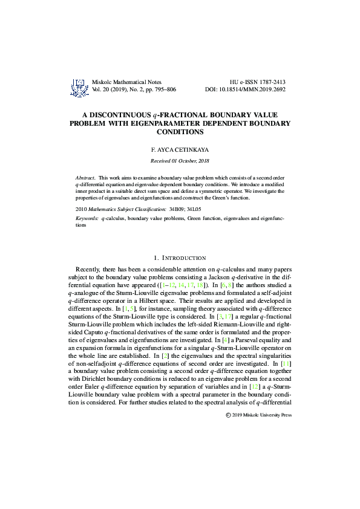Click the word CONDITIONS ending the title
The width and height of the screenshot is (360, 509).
pos(179,131)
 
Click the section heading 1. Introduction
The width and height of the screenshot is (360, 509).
pos(180,258)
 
